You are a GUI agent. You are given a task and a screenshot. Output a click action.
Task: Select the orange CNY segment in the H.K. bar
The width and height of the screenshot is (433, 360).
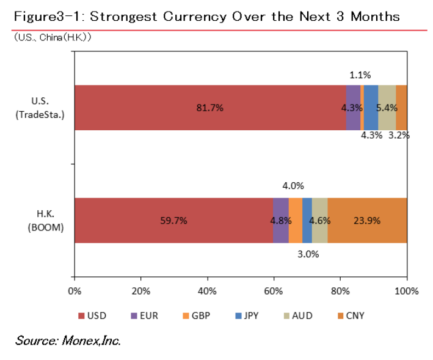367,221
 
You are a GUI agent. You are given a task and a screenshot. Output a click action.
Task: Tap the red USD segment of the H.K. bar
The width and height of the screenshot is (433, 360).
173,221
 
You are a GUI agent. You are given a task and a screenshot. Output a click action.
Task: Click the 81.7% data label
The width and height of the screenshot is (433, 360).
209,108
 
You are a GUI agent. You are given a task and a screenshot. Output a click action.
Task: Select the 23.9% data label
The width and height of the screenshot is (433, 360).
367,221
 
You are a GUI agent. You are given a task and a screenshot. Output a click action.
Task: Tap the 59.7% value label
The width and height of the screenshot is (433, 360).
173,221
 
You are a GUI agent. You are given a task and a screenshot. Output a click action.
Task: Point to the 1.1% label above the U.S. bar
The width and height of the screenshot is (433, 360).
360,75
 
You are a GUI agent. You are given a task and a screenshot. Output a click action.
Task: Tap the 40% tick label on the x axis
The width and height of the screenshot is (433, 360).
207,291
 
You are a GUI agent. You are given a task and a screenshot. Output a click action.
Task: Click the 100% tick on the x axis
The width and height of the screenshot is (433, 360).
407,291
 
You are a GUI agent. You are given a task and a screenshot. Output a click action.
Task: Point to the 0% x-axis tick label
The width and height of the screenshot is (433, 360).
74,291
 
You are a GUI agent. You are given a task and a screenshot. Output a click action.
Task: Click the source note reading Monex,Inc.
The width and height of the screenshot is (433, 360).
68,340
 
